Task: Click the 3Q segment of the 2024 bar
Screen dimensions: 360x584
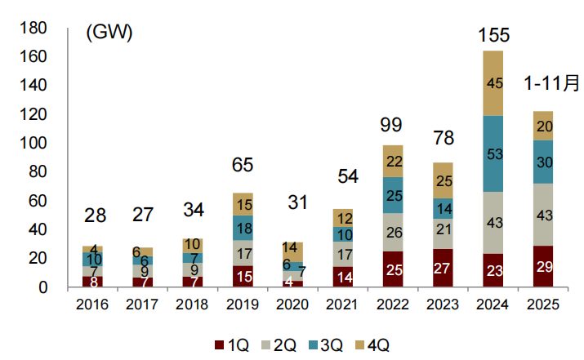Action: coord(493,153)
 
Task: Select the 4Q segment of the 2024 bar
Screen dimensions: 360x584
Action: coord(493,83)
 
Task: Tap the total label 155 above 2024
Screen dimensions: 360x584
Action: coord(494,35)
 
